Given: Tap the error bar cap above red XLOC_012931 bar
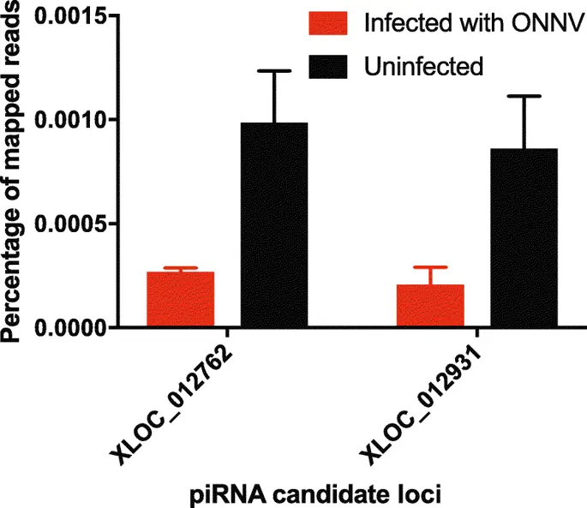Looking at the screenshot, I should (x=430, y=267).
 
